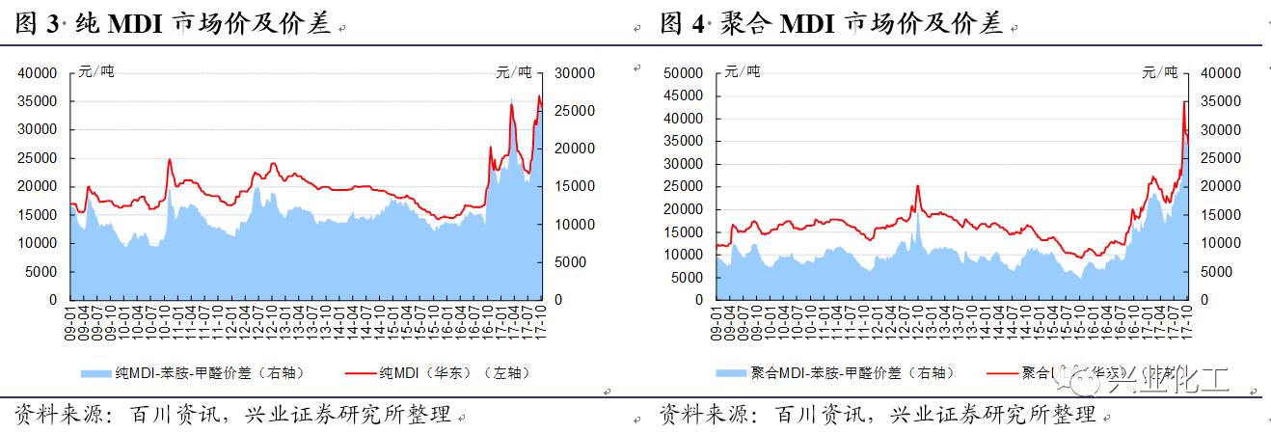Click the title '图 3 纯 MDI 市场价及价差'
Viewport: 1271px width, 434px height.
[x=174, y=24]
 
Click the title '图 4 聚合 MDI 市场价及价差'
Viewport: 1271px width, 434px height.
[x=831, y=24]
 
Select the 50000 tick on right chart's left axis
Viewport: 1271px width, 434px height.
[x=685, y=72]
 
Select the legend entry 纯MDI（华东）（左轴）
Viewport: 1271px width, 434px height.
[x=453, y=372]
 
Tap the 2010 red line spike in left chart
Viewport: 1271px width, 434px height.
[x=170, y=160]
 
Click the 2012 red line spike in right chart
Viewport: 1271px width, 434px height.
[x=917, y=186]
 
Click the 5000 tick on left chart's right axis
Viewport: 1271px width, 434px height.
[x=569, y=261]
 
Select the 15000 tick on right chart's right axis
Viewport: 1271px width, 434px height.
[x=1219, y=215]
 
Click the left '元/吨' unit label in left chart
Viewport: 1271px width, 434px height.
[x=96, y=71]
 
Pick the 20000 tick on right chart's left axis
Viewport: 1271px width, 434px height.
[x=685, y=209]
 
